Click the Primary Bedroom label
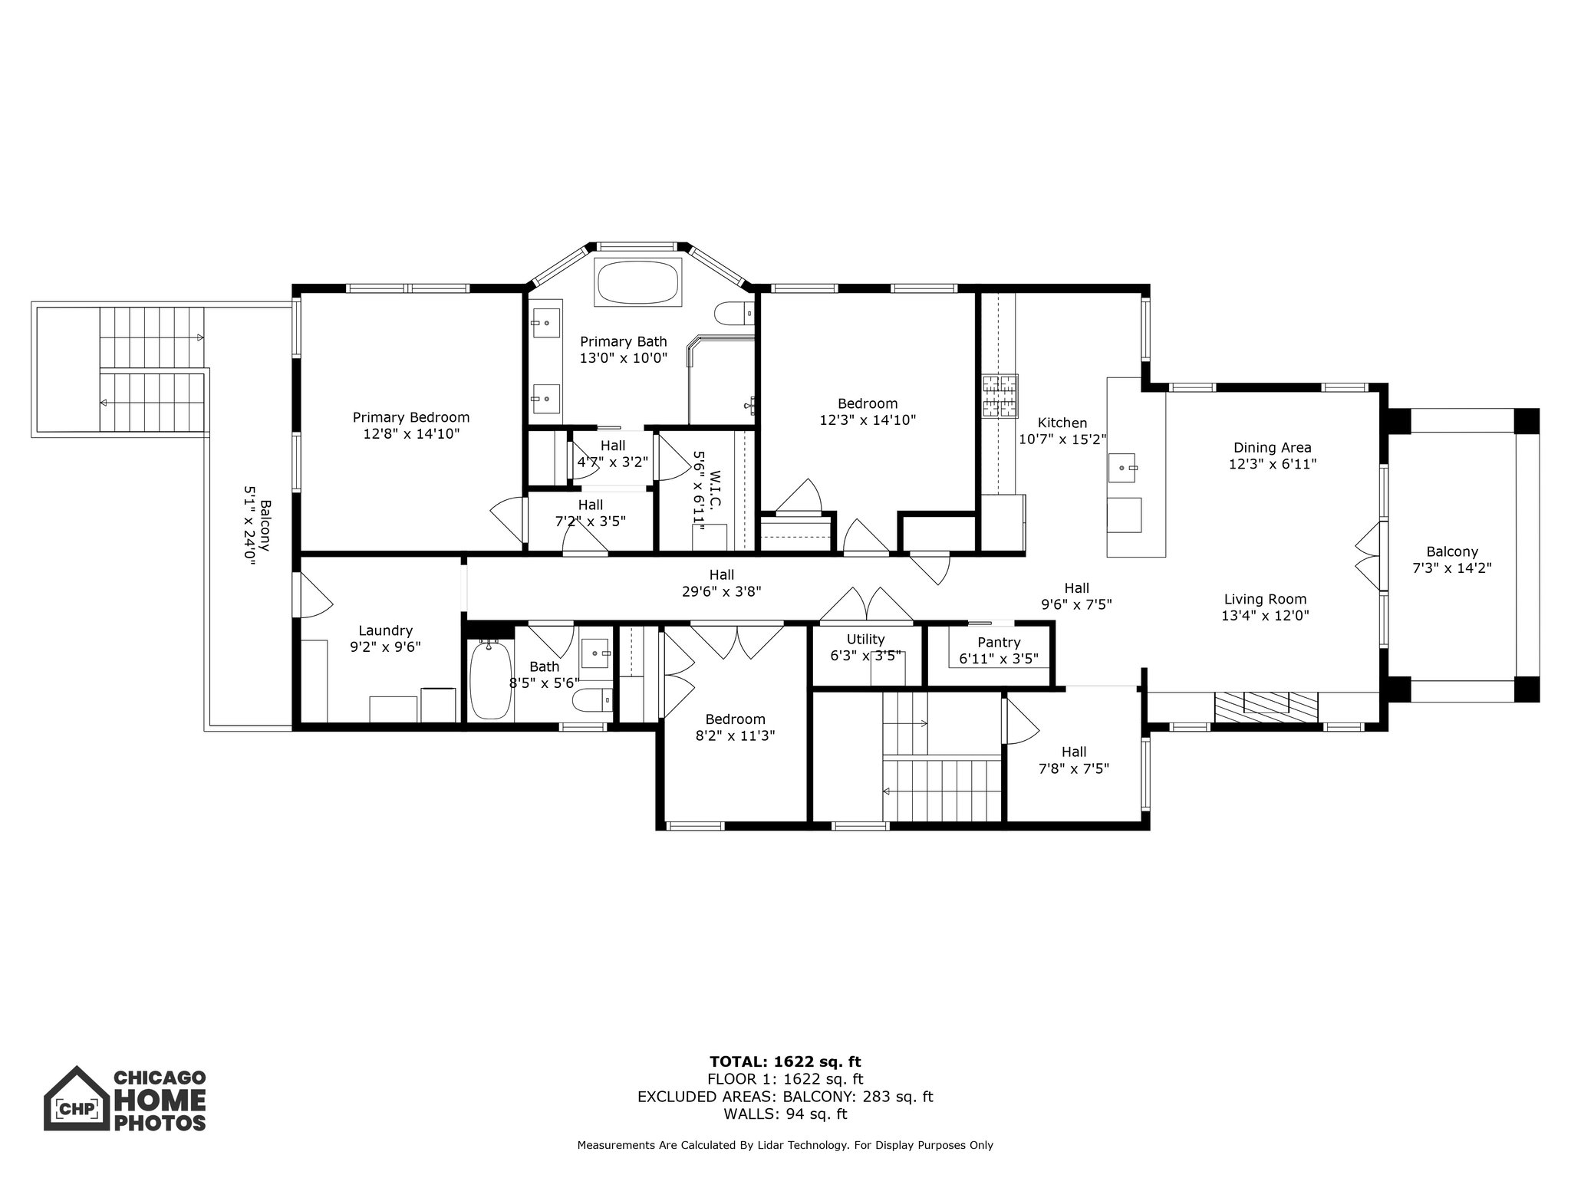click(410, 417)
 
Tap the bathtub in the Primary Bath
click(637, 283)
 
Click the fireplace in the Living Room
click(1266, 703)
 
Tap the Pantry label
click(999, 643)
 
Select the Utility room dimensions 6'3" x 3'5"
click(866, 656)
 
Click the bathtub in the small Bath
click(490, 679)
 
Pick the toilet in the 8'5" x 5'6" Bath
click(592, 699)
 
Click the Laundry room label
click(385, 630)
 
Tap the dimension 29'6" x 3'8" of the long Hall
click(721, 591)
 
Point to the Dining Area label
click(1272, 447)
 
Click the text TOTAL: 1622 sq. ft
click(785, 1061)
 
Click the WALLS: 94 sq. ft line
click(785, 1114)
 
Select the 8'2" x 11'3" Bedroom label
click(735, 719)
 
